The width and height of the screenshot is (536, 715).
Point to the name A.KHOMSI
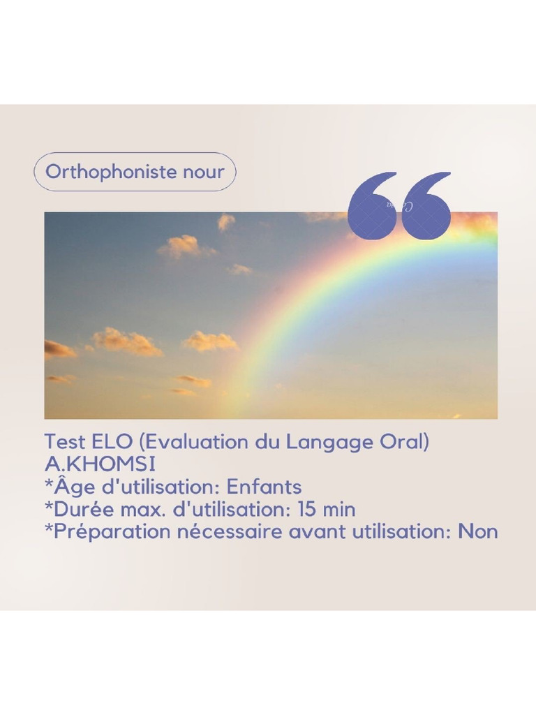tap(100, 464)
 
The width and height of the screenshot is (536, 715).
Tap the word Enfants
tap(265, 487)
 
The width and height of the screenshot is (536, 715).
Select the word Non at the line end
tap(478, 531)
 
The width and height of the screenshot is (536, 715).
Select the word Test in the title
tap(65, 442)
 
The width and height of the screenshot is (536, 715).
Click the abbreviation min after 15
tap(339, 509)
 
